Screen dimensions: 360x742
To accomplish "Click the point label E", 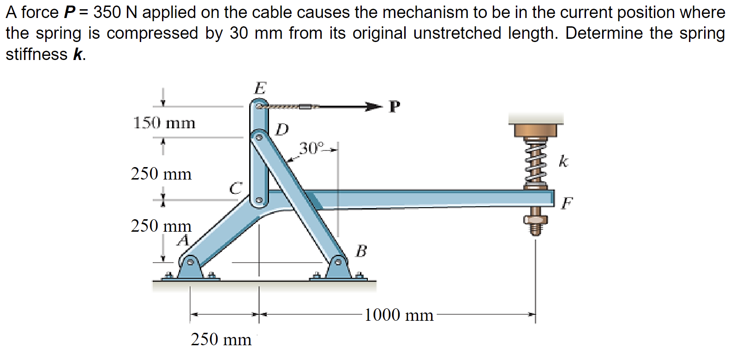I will click(x=260, y=88).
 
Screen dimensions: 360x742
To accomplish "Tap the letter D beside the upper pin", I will click(x=282, y=130).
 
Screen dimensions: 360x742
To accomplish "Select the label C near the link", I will click(x=236, y=188).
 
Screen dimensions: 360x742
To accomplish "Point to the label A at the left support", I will click(x=184, y=240).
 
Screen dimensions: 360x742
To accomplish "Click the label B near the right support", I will click(x=361, y=251).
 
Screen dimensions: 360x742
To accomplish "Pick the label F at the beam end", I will click(x=567, y=203).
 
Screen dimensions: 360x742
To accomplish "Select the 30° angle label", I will click(x=311, y=148).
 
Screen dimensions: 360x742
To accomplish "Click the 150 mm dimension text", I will click(x=164, y=123).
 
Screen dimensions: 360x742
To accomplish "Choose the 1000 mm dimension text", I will click(x=399, y=315).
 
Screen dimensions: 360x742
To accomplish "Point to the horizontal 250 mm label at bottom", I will click(x=221, y=340).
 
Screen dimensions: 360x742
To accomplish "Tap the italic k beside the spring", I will click(x=563, y=162).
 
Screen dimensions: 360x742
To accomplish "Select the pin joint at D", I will click(x=259, y=137).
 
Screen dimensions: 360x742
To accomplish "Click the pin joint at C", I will click(x=259, y=200).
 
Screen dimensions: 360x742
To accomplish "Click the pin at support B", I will click(x=338, y=262).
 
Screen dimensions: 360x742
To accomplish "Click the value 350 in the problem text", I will click(x=107, y=12).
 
